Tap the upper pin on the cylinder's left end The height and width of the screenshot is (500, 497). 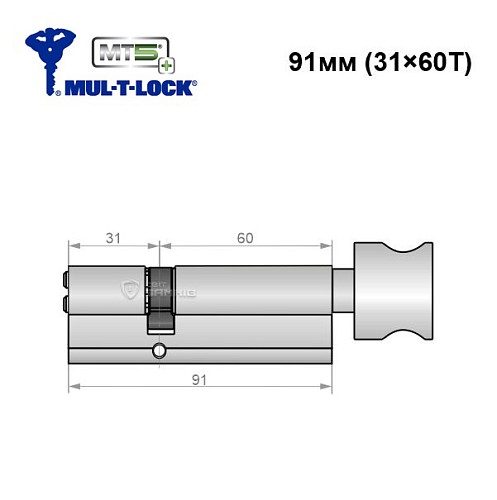pos(66,280)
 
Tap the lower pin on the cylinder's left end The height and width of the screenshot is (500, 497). pos(66,301)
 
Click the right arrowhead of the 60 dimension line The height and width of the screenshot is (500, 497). pos(326,248)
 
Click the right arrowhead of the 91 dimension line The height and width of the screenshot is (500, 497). pos(326,389)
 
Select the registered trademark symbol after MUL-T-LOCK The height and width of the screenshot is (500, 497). pos(195,87)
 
